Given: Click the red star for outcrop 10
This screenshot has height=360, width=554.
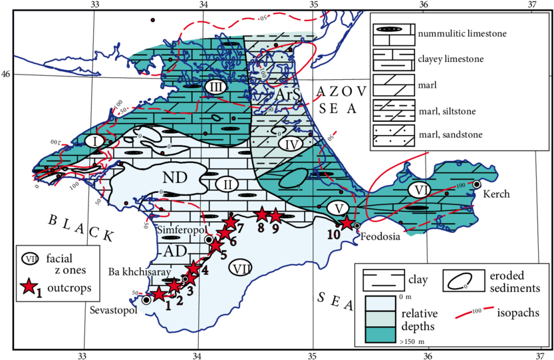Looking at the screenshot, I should click(345, 224).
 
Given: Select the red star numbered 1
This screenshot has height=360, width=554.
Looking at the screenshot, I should click(159, 295).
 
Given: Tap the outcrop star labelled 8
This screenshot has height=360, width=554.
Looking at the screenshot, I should click(261, 214).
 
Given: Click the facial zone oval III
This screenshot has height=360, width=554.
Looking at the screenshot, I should click(215, 87).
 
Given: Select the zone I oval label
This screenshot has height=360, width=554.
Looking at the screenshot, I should click(94, 141).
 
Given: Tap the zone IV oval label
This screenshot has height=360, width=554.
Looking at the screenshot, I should click(291, 142).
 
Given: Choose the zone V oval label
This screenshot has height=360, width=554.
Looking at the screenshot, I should click(340, 208).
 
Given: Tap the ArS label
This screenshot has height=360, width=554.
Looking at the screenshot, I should click(289, 97).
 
